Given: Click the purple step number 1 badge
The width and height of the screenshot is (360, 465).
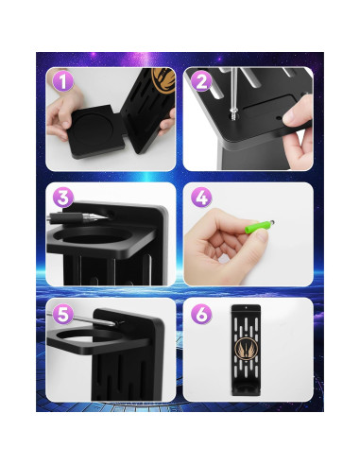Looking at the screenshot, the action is pos(62,81).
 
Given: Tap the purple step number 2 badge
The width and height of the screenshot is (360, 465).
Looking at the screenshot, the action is pos(201,82).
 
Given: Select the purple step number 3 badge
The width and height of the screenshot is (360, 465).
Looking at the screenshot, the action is pos(63,198).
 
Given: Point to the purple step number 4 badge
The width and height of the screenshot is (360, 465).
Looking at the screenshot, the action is pos(201,198).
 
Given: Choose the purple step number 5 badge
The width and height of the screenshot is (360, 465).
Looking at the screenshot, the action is pos(63,314).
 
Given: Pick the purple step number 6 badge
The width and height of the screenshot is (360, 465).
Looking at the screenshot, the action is pos(201,314).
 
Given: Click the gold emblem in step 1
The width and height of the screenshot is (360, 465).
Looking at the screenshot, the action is pos(163,80).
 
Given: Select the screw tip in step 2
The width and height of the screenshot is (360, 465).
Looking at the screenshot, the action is pos(233,116).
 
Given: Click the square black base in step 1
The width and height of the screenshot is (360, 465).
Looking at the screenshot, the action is pos(97,131).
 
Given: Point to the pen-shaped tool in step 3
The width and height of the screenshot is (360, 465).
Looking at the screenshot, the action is pos(77,217).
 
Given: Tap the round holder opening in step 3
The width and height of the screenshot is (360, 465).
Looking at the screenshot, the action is pos(96,236).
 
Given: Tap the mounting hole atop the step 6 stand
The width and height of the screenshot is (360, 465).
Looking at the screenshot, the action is pos(246,307).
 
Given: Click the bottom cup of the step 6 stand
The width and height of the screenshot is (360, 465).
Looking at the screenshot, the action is pos(246,390).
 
